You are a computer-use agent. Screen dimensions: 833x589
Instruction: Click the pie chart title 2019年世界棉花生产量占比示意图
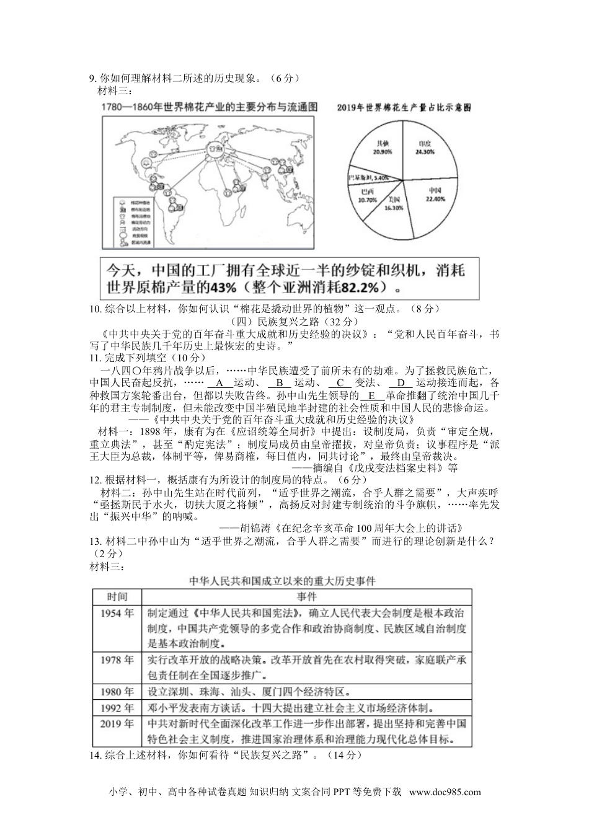pyautogui.click(x=404, y=108)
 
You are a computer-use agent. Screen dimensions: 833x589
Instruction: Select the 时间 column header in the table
pyautogui.click(x=117, y=597)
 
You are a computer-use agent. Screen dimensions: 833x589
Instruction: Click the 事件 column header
pyautogui.click(x=306, y=597)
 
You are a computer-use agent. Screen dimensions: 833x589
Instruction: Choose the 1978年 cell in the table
pyautogui.click(x=117, y=659)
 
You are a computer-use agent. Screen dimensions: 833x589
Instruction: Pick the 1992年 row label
pyautogui.click(x=117, y=708)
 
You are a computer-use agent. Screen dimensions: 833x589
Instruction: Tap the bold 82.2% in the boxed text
pyautogui.click(x=360, y=288)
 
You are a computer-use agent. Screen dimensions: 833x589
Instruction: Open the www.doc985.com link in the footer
pyautogui.click(x=445, y=792)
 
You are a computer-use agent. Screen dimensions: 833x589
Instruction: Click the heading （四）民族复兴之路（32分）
pyautogui.click(x=294, y=322)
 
